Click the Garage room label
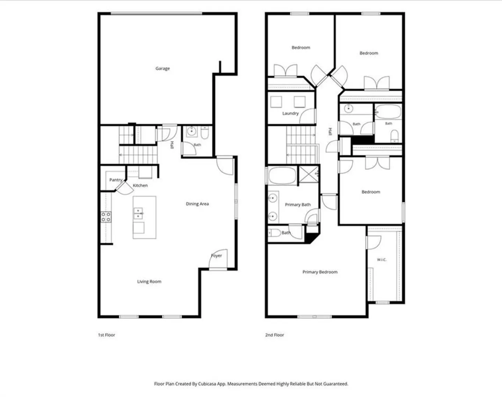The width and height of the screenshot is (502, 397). [x=163, y=68]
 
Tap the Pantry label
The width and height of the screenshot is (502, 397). [x=116, y=180]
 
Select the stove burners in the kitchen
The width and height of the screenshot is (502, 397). [x=106, y=217]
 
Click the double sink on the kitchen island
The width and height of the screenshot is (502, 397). [x=138, y=214]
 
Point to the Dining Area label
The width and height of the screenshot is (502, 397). [x=197, y=204]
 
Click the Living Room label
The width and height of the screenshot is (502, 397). [x=149, y=282]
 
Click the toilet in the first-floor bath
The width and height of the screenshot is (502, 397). [x=204, y=132]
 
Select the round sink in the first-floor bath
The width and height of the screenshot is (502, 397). [x=192, y=132]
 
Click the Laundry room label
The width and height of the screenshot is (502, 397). [x=291, y=113]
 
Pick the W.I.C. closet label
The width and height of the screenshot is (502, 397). [x=382, y=260]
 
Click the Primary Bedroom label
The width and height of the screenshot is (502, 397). [x=320, y=272]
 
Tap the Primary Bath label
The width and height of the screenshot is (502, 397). [x=298, y=204]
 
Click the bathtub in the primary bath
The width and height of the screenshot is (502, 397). [x=282, y=176]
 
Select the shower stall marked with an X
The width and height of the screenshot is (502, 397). [x=309, y=174]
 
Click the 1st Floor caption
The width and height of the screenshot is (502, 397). [x=106, y=335]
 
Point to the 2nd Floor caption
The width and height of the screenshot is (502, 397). [x=275, y=335]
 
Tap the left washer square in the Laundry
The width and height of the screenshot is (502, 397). [x=276, y=102]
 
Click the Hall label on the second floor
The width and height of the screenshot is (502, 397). [x=330, y=132]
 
